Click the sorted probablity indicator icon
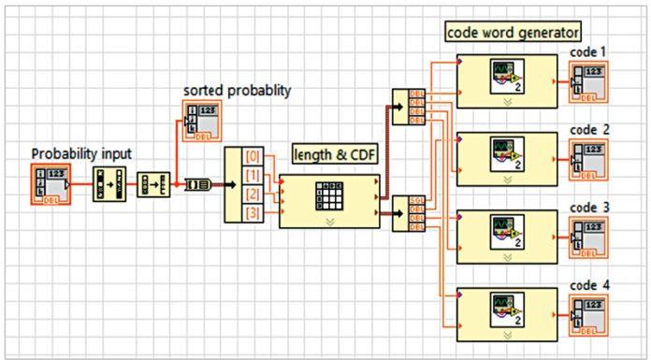pyautogui.click(x=198, y=121)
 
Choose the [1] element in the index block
pyautogui.click(x=253, y=175)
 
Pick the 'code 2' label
pyautogui.click(x=588, y=128)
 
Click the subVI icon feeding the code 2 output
pyautogui.click(x=505, y=156)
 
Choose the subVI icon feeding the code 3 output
pyautogui.click(x=505, y=234)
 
